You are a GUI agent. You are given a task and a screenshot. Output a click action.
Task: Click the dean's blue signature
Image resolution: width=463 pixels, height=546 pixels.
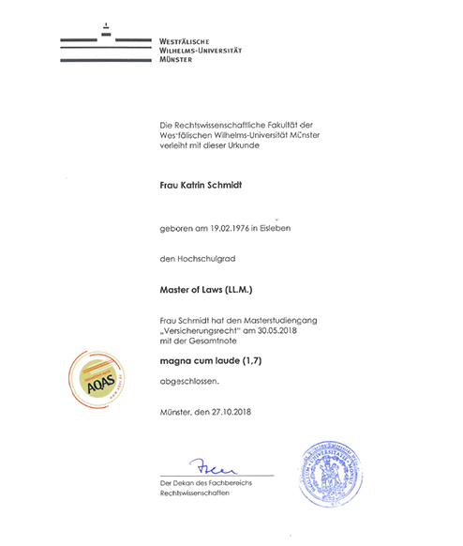213,464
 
